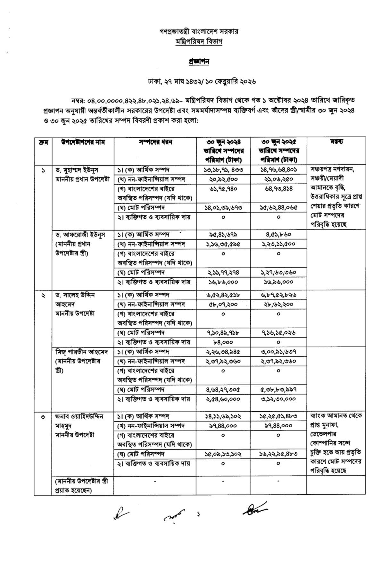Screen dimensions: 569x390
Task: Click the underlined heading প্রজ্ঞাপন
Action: point(198,62)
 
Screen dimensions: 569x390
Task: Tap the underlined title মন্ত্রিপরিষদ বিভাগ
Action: point(199,42)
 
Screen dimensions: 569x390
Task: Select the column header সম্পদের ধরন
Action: point(155,142)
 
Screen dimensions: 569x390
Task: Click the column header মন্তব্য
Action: point(336,142)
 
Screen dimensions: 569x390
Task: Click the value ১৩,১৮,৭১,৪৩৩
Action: point(223,170)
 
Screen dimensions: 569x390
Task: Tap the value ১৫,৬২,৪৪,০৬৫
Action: point(278,207)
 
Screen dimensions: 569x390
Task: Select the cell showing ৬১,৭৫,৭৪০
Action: point(223,189)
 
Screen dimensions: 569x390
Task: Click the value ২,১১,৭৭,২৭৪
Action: point(223,272)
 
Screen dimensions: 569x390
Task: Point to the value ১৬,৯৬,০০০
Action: point(278,282)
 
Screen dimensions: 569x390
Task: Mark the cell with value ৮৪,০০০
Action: point(223,342)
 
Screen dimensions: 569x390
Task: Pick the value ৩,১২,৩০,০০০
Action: point(278,399)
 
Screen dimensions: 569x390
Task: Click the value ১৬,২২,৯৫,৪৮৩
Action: point(278,454)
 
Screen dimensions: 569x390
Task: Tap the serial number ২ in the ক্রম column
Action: point(43,295)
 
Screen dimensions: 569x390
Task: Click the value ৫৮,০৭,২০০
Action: point(223,304)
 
